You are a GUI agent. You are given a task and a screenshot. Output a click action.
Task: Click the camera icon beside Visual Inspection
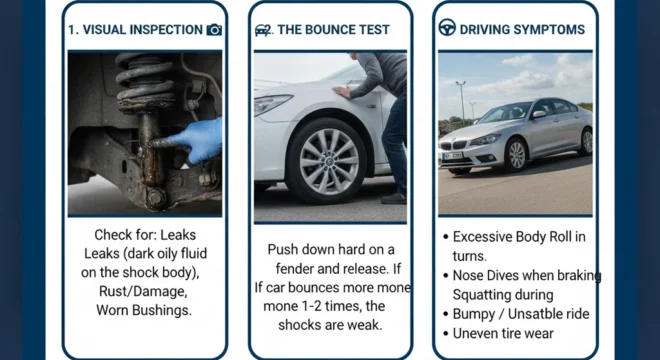tap(214, 30)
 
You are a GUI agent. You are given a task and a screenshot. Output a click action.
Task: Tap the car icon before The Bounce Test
tap(263, 30)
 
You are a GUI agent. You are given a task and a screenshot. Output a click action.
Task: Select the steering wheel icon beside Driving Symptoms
tap(447, 28)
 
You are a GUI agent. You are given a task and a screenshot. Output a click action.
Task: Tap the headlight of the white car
tap(272, 105)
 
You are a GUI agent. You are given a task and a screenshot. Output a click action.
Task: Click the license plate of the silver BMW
tap(451, 157)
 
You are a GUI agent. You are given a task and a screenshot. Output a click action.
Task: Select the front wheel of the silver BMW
tap(516, 154)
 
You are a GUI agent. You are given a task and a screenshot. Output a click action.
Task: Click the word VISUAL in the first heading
tap(103, 30)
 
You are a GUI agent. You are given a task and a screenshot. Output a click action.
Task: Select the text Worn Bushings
tap(143, 310)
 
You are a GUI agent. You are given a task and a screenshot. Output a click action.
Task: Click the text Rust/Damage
tap(143, 291)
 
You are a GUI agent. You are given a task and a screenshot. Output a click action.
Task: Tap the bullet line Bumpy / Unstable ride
tap(520, 313)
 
